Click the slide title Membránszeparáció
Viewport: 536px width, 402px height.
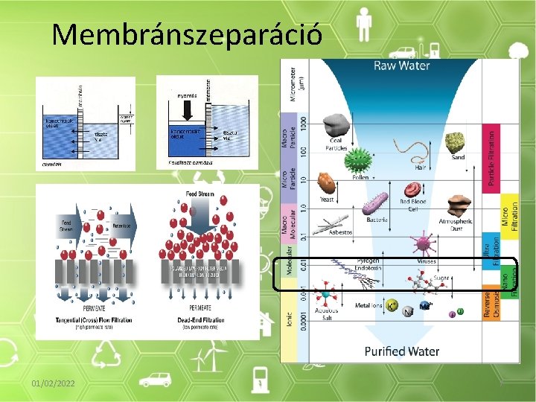click(188, 33)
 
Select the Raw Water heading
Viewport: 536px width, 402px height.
click(402, 66)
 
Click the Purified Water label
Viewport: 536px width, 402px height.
click(402, 351)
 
